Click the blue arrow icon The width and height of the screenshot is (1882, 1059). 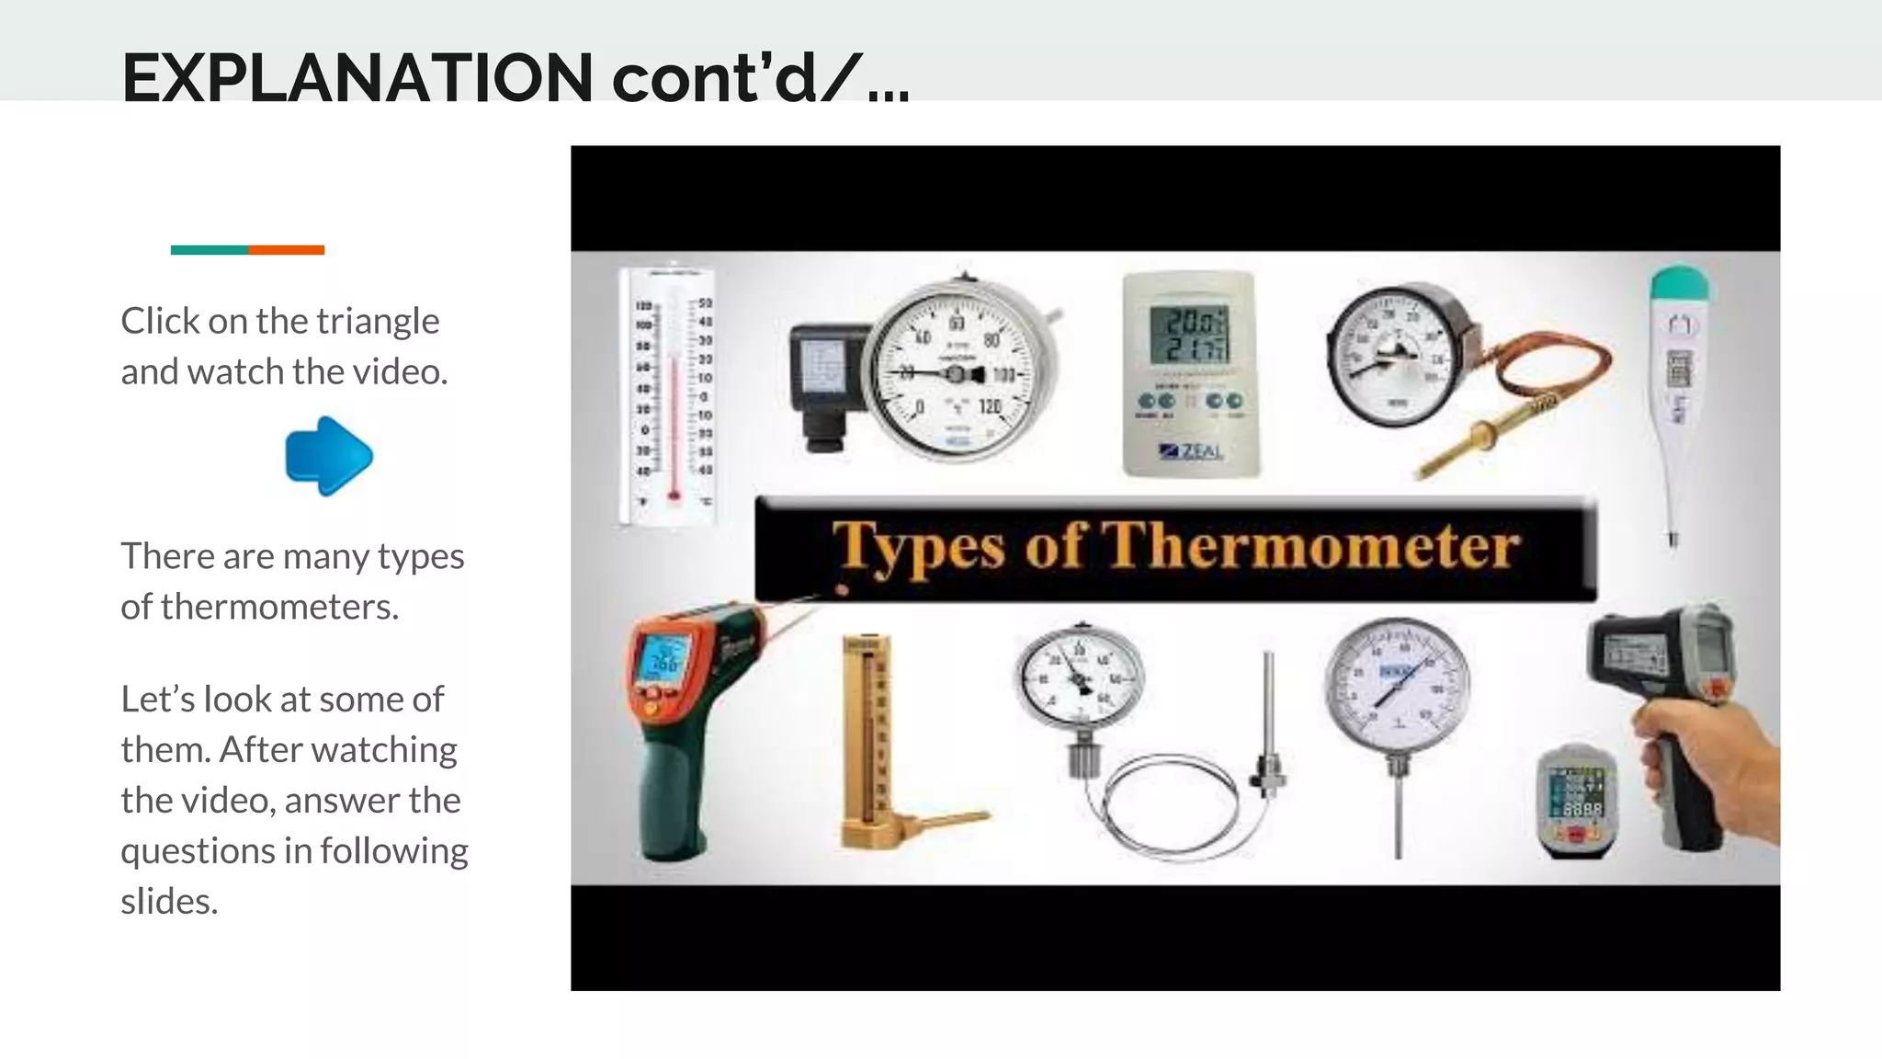coord(329,456)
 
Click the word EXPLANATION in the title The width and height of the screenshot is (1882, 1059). coord(357,78)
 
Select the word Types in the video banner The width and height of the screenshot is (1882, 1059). coord(918,549)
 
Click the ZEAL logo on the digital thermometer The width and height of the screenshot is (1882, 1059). coord(1192,450)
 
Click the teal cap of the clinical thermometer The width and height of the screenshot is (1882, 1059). coord(1679,284)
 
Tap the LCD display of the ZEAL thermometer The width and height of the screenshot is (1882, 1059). coord(1189,335)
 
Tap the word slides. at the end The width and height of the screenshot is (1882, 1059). coord(169,902)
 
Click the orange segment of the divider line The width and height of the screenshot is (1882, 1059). coord(286,250)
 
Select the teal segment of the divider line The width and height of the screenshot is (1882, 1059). coord(209,250)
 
